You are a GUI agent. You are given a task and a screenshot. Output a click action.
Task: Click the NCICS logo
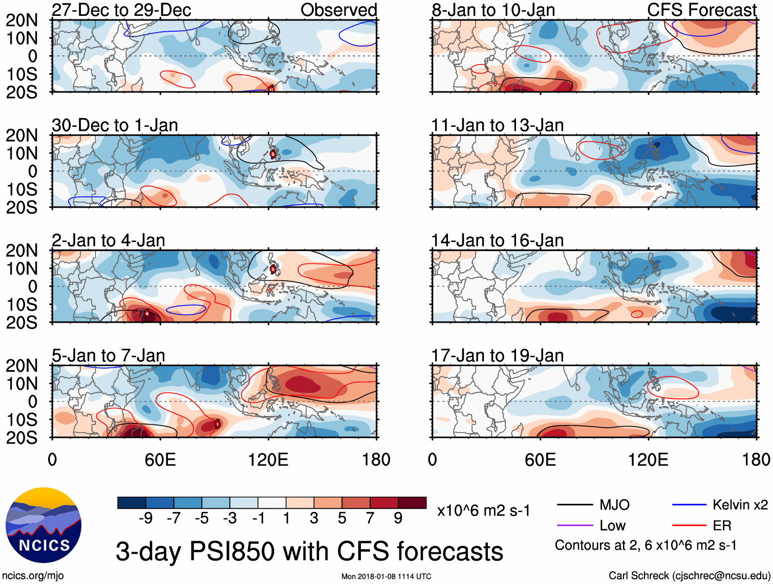coord(44,525)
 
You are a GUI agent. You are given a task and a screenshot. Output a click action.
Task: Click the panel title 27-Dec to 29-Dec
coord(121,10)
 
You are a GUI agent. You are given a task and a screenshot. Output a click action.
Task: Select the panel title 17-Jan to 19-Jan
coord(497,355)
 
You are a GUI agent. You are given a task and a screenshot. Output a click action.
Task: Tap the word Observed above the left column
coord(338,10)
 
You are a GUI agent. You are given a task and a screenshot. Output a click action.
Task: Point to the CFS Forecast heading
coord(701,10)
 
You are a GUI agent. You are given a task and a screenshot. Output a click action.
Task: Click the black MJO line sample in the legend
coord(575,505)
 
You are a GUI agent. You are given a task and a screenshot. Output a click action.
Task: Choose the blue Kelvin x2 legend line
coord(689,505)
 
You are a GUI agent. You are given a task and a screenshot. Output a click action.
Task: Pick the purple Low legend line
coord(575,526)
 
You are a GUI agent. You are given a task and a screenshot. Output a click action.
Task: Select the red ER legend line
coord(689,526)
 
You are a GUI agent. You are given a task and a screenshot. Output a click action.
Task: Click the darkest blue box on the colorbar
coord(132,503)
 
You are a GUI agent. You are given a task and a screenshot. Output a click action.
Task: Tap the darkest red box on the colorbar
coord(412,503)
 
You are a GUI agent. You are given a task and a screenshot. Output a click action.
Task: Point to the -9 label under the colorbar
coord(145,519)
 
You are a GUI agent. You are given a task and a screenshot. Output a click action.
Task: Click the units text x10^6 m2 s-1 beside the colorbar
coord(483,510)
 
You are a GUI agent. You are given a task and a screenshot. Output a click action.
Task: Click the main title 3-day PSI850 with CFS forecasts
coord(309,552)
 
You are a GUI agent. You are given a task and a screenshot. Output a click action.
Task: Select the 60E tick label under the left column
coord(160,460)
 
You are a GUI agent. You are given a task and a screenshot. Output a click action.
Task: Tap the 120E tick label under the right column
coord(648,460)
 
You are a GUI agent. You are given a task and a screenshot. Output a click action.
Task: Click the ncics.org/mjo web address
coord(33,576)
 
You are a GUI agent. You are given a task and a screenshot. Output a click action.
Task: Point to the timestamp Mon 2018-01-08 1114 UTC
coord(386,576)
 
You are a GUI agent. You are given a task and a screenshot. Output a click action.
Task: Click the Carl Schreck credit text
coord(689,576)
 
